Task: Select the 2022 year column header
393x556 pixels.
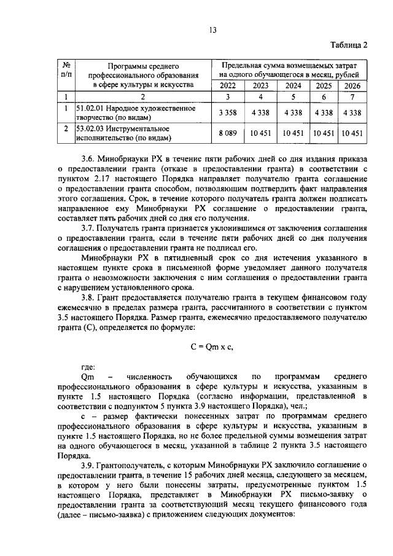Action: (227, 85)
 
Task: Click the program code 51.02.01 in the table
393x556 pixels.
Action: (90, 109)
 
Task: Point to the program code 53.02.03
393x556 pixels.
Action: (90, 129)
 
